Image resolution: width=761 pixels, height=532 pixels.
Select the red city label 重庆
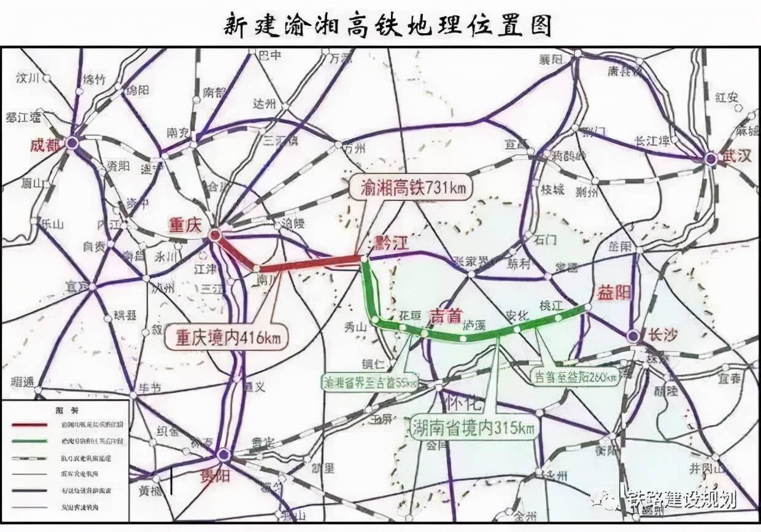pos(185,225)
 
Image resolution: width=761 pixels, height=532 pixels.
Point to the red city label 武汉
pos(736,156)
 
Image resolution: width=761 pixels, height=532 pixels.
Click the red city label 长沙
pos(662,335)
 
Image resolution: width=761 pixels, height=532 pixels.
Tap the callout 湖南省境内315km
pos(473,426)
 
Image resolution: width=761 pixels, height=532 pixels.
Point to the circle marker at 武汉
pos(711,158)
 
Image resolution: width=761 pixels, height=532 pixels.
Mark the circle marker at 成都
pos(72,143)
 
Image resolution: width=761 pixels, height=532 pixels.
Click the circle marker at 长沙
pos(633,335)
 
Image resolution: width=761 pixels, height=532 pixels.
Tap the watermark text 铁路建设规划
pos(681,499)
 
